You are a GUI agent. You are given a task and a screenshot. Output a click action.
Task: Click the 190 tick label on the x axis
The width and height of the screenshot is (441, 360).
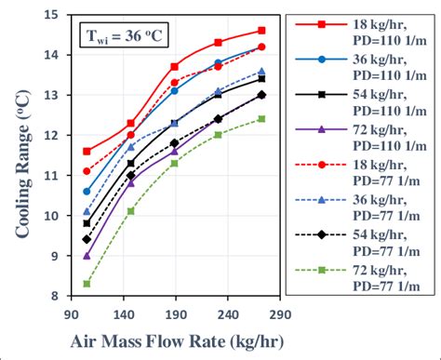point(176,314)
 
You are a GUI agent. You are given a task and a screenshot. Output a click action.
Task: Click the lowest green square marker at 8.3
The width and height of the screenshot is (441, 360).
point(87,284)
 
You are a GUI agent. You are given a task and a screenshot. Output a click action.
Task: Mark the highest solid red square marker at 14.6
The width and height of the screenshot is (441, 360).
point(261,31)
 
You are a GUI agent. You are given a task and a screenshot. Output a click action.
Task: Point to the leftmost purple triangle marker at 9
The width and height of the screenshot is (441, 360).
point(87,256)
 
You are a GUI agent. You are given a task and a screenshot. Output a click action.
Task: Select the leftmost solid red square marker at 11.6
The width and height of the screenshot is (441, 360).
point(87,151)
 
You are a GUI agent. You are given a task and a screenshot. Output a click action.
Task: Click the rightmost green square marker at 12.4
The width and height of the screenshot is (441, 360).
point(261,119)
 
